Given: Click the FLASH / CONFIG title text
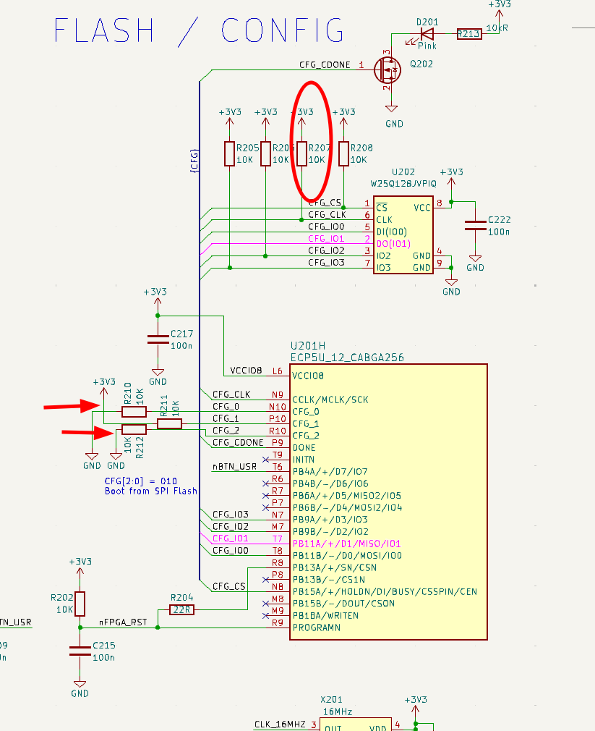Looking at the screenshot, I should coord(200,31).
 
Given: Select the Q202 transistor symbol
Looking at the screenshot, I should coord(388,69).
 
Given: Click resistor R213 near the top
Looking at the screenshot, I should coord(469,33).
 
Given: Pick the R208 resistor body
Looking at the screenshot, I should coord(343,153).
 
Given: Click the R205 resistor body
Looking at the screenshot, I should coord(229,153).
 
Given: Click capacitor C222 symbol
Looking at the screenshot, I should coord(475,224).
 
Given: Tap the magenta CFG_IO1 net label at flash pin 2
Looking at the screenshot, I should coord(327,238).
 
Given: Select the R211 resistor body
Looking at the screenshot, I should coord(170,424).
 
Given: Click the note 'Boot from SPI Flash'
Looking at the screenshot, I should coord(151,491).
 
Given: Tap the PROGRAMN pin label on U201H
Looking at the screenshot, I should coord(317,628).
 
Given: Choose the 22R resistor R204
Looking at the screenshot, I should coord(181,609).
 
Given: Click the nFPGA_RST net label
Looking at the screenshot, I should coord(123,622).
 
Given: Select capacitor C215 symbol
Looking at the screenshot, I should coord(80,649).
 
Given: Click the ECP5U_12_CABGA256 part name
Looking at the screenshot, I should coord(347,358).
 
